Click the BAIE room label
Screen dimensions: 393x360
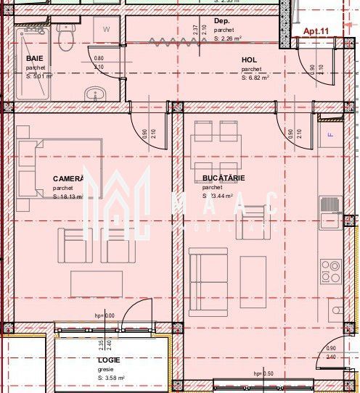click(x=33, y=58)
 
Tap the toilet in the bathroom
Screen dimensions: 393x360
click(x=66, y=37)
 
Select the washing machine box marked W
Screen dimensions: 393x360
click(x=107, y=30)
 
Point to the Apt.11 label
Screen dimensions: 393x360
click(x=316, y=31)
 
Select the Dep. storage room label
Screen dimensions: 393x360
click(x=221, y=22)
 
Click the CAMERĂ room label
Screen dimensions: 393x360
click(x=69, y=178)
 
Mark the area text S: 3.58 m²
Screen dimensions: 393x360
click(x=111, y=378)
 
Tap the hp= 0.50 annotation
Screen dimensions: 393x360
click(x=263, y=373)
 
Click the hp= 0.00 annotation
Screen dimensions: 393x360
click(x=105, y=315)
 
